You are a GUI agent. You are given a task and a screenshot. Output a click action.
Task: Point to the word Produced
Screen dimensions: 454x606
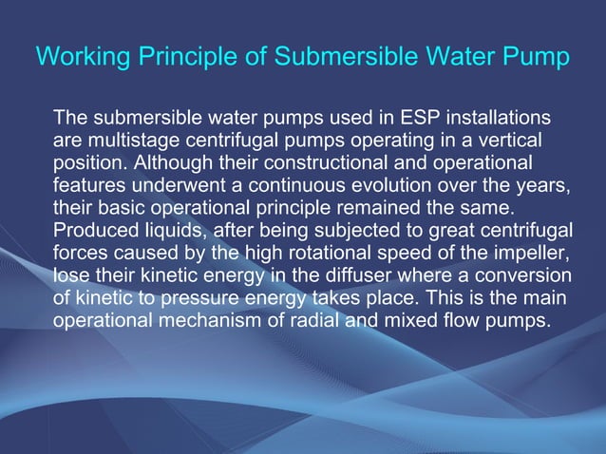[95, 229]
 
